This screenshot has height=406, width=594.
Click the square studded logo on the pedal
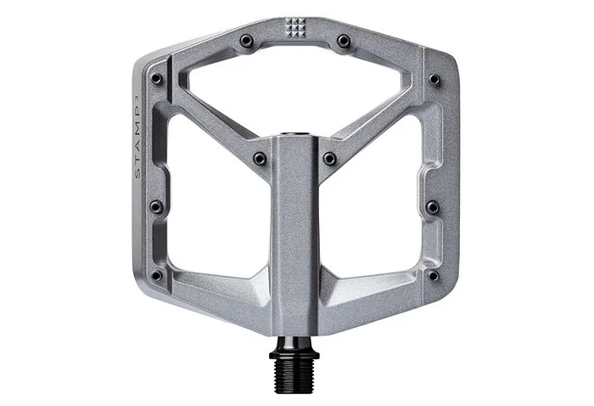pyautogui.click(x=295, y=27)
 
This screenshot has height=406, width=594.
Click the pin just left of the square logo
pyautogui.click(x=246, y=40)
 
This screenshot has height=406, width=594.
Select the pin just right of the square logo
pyautogui.click(x=344, y=40)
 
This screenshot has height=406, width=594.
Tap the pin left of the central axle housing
pyautogui.click(x=260, y=158)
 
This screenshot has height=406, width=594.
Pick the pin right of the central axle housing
pyautogui.click(x=330, y=158)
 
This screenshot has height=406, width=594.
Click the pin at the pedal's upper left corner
pyautogui.click(x=156, y=78)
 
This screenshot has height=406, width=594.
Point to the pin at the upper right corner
pyautogui.click(x=434, y=79)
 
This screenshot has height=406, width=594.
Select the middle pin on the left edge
pyautogui.click(x=156, y=206)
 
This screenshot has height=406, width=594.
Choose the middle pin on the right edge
pyautogui.click(x=433, y=207)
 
